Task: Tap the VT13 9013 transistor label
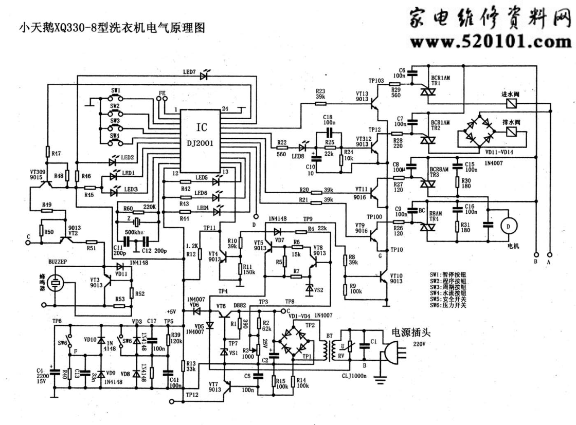[363, 97]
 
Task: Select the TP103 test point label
[376, 81]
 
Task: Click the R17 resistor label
[56, 153]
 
